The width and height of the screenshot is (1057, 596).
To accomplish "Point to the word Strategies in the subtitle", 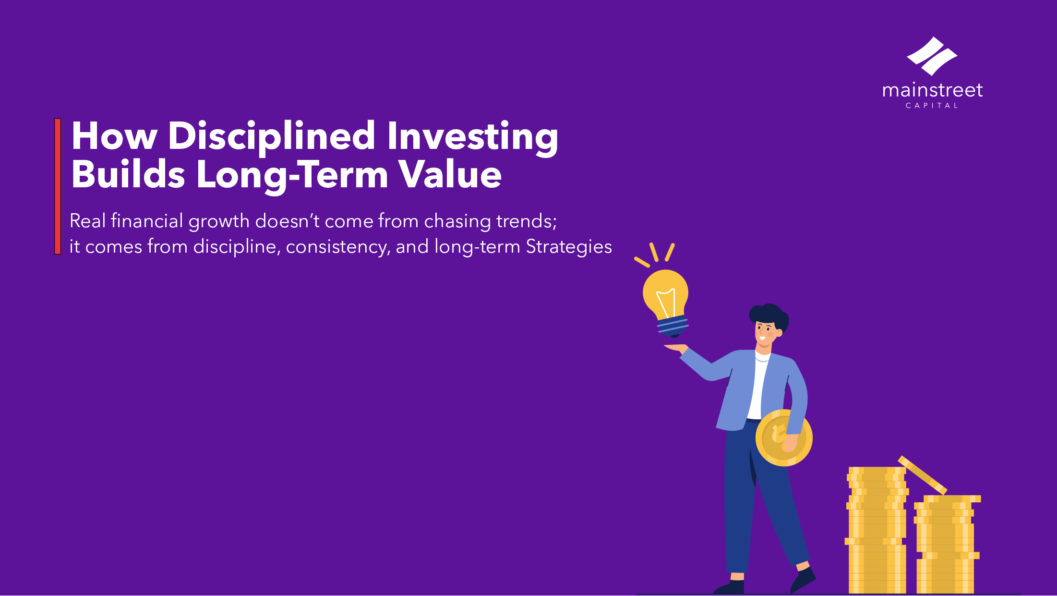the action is (x=569, y=247).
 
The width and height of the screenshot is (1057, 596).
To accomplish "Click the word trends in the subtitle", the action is (x=527, y=221).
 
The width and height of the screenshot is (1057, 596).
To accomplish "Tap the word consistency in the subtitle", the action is (x=338, y=247).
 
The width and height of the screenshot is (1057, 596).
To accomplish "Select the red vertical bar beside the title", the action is (x=58, y=186).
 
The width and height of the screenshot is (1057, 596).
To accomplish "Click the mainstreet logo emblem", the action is (x=932, y=56).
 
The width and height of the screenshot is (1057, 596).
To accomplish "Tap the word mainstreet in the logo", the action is (x=932, y=90).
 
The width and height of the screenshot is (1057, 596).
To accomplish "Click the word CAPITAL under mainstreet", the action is (x=932, y=106).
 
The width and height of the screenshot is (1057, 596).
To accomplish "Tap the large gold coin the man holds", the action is (x=783, y=438).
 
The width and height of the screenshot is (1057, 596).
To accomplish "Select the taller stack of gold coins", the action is (x=876, y=530).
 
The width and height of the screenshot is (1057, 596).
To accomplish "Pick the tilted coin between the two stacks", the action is (x=922, y=475).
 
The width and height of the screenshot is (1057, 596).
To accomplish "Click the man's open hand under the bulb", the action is (x=676, y=348).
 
